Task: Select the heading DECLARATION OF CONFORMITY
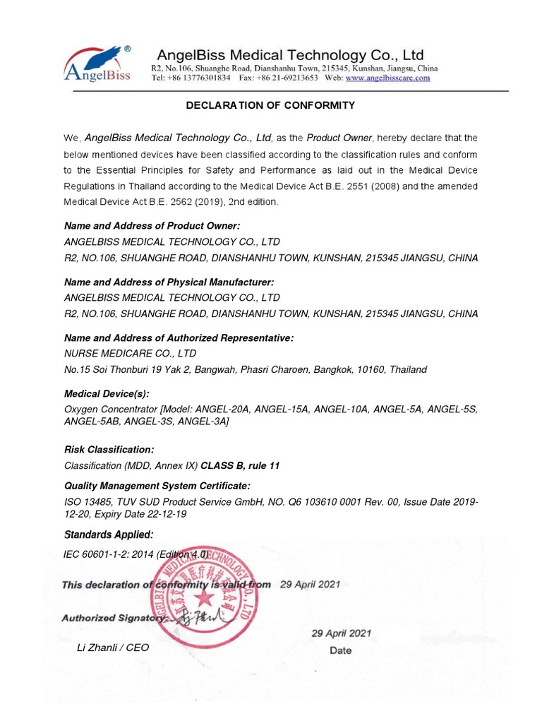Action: (270, 106)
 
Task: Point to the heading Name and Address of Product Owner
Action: (152, 226)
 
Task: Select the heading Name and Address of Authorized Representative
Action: (179, 338)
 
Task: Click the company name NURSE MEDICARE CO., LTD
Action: (130, 353)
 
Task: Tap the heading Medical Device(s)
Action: (107, 394)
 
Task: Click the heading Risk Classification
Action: (109, 450)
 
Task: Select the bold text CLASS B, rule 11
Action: (241, 466)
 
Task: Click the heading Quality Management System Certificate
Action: (157, 486)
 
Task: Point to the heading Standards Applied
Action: (108, 534)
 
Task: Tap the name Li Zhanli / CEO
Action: (113, 647)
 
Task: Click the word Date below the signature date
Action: (341, 650)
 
